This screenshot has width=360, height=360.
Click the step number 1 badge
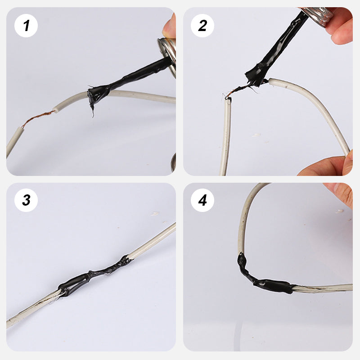(x=26, y=25)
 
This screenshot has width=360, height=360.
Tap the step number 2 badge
(x=202, y=25)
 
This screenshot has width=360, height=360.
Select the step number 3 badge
(x=26, y=200)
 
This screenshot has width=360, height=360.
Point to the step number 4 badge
(x=202, y=200)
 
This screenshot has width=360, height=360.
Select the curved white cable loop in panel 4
(x=245, y=216)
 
